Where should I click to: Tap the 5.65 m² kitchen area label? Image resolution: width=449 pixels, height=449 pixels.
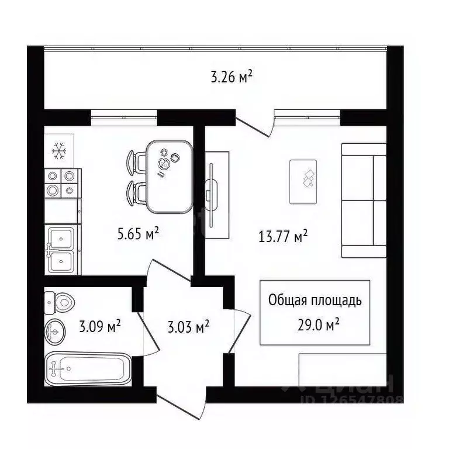(139, 235)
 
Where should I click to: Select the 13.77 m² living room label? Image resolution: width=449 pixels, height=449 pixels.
(284, 236)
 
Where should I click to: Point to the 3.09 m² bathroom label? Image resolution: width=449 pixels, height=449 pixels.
(100, 326)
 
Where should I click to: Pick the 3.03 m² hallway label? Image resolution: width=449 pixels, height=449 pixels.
(188, 326)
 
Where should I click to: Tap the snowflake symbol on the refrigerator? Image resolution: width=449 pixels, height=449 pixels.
(58, 151)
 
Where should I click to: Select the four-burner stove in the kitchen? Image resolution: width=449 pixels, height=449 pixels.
(62, 182)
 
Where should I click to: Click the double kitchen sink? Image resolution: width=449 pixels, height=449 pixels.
(61, 250)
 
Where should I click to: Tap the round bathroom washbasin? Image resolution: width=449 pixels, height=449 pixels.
(55, 332)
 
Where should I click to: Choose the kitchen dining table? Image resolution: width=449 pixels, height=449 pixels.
(169, 177)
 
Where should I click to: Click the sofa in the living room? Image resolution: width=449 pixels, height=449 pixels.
(364, 200)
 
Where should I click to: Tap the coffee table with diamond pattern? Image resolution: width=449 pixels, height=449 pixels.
(303, 181)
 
